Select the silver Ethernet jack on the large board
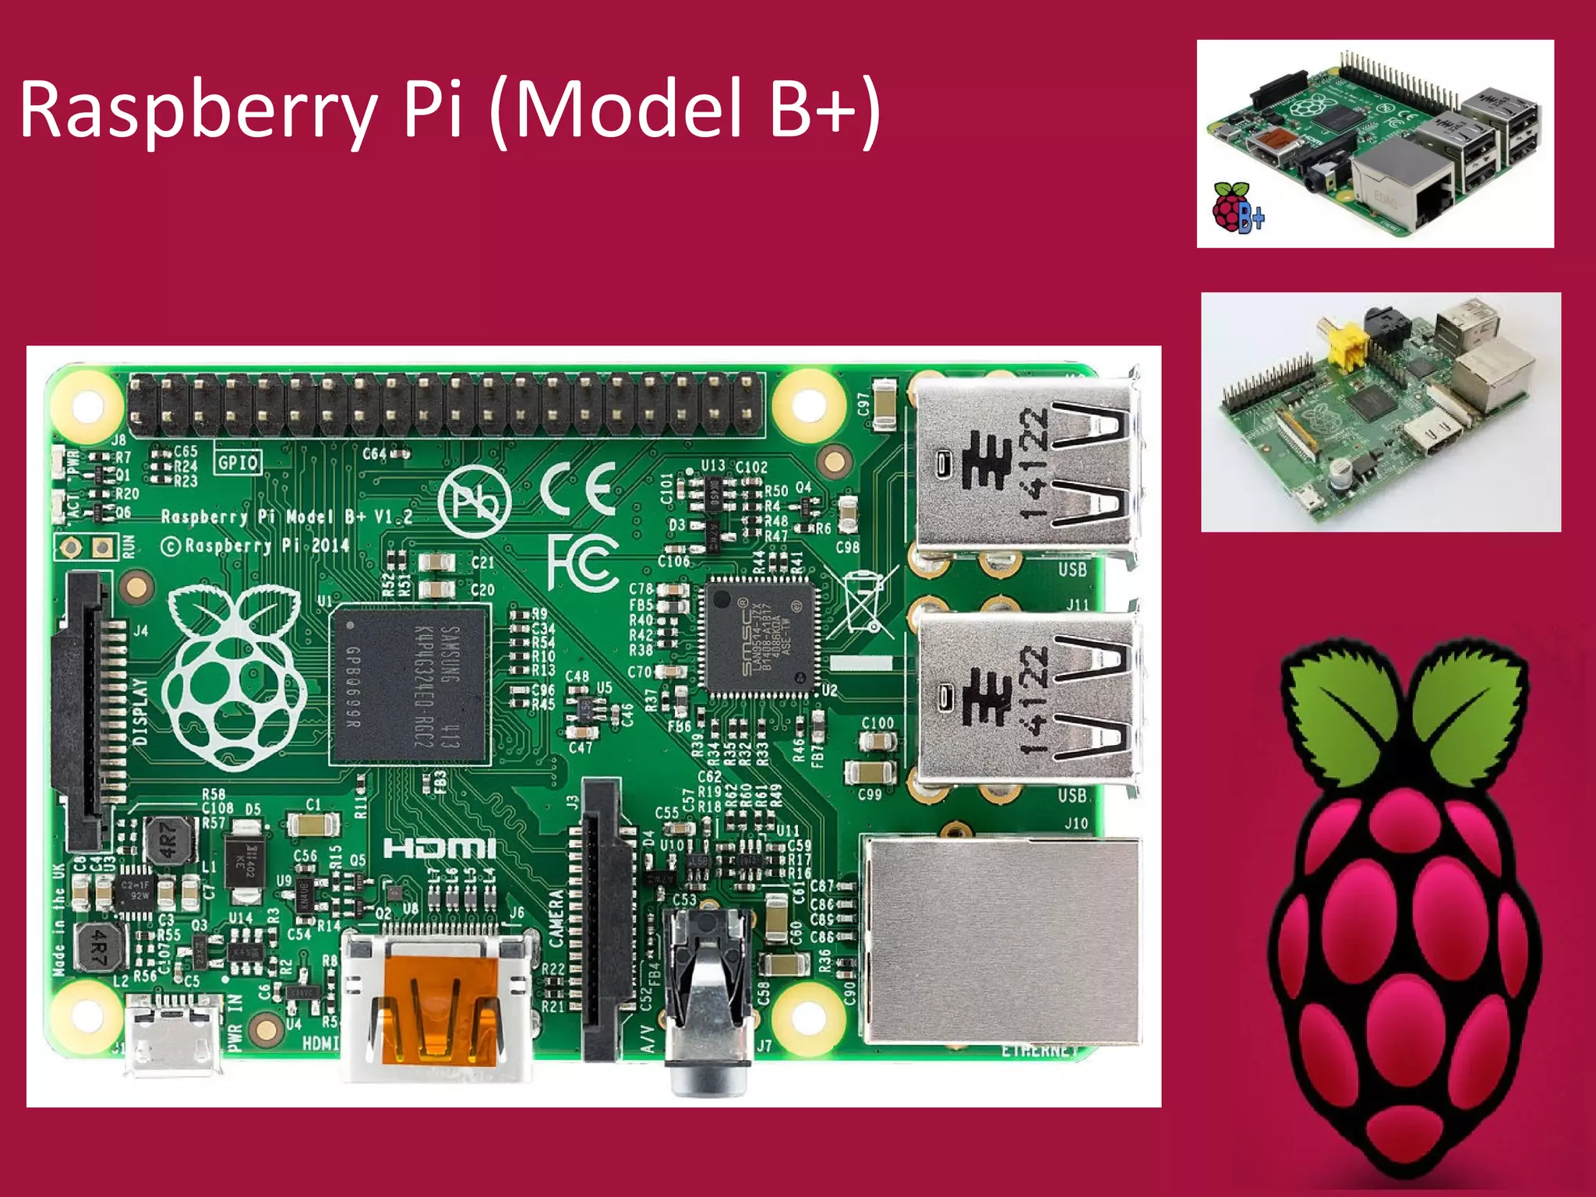tap(1001, 939)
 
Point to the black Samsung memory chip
tap(410, 686)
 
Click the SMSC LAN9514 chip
tap(761, 634)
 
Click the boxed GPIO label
tap(238, 463)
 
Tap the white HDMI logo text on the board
tap(439, 849)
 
